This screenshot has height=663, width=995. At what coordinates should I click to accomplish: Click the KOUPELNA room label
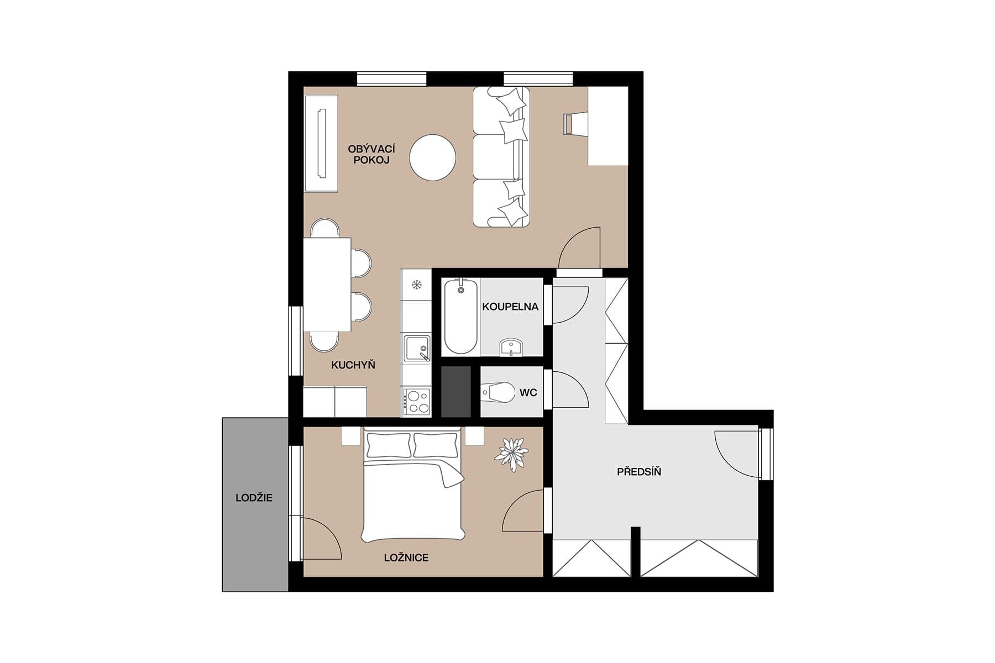click(510, 307)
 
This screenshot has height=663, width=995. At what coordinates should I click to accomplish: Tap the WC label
click(528, 393)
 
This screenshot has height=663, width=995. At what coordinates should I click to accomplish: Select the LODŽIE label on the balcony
click(254, 498)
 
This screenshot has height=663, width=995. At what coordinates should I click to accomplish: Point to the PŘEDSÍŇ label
click(638, 472)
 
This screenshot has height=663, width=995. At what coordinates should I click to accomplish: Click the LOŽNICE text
click(406, 557)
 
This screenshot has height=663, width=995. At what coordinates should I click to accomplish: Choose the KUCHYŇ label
click(353, 365)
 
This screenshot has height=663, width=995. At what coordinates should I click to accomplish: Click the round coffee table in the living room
click(433, 157)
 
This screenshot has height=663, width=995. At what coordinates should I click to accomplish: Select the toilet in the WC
click(497, 393)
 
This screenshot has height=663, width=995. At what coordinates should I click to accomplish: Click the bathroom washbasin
click(511, 348)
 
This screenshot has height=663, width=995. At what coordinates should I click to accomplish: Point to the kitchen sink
click(416, 349)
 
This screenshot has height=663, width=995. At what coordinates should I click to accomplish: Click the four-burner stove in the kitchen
click(416, 402)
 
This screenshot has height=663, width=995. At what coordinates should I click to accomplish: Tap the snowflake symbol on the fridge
click(416, 285)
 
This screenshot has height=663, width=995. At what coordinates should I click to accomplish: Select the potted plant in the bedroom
click(511, 454)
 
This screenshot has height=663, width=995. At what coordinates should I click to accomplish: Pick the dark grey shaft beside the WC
click(456, 392)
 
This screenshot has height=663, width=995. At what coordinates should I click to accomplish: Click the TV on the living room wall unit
click(321, 143)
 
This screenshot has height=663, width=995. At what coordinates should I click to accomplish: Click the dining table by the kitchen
click(327, 284)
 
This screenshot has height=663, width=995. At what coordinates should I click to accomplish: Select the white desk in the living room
click(608, 125)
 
